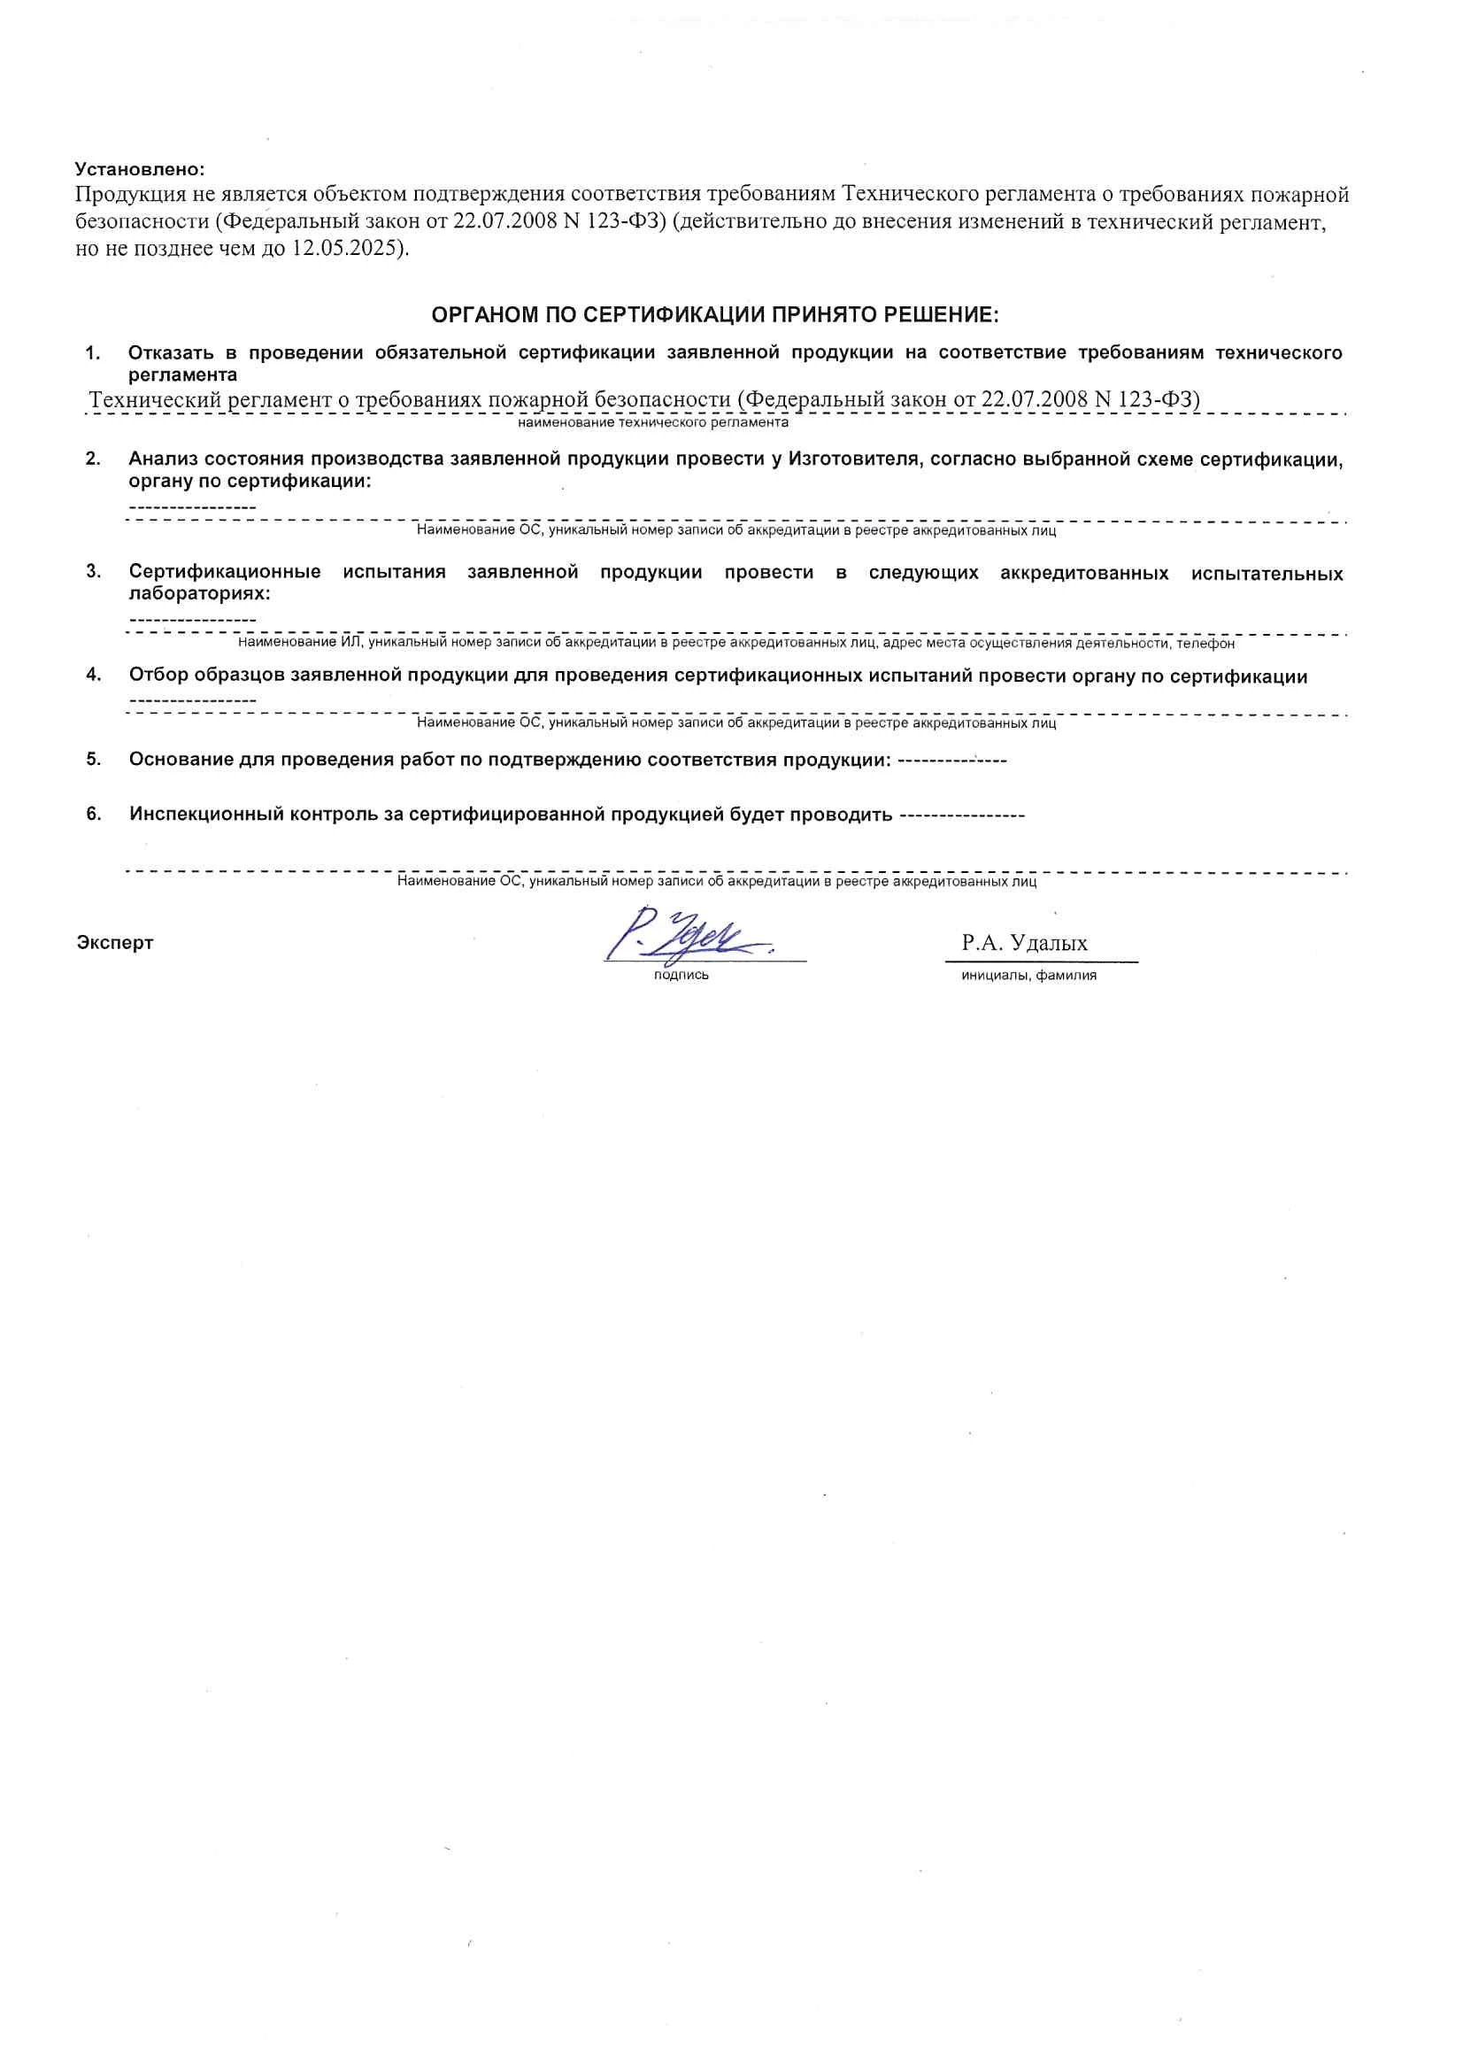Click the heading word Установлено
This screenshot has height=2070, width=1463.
pyautogui.click(x=140, y=168)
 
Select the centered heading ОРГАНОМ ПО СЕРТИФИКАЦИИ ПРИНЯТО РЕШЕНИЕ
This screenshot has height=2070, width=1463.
pyautogui.click(x=715, y=314)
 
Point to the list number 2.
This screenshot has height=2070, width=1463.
pyautogui.click(x=93, y=459)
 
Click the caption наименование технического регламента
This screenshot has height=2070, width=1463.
pyautogui.click(x=652, y=422)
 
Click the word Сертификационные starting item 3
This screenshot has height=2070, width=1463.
pyautogui.click(x=225, y=573)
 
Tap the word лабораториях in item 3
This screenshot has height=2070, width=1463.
pyautogui.click(x=199, y=594)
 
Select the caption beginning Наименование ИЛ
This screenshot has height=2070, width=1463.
pyautogui.click(x=735, y=643)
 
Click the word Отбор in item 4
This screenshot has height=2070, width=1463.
pyautogui.click(x=158, y=676)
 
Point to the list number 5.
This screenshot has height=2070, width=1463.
pyautogui.click(x=94, y=759)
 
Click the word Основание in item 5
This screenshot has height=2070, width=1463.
pyautogui.click(x=181, y=759)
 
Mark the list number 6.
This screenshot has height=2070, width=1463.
pyautogui.click(x=94, y=815)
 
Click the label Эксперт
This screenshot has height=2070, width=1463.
pyautogui.click(x=115, y=943)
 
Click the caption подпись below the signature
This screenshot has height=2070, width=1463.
pyautogui.click(x=681, y=975)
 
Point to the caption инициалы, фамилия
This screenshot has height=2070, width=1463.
pyautogui.click(x=1028, y=975)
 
